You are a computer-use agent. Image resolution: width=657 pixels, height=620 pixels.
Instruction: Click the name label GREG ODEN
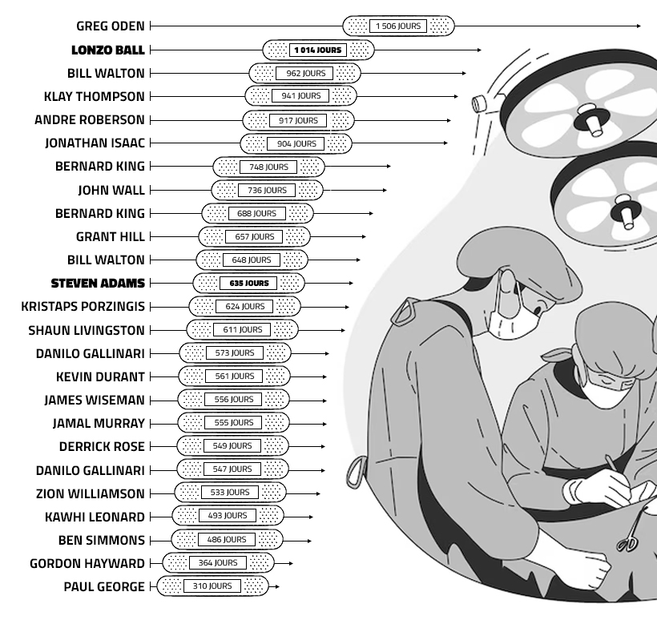coord(111,26)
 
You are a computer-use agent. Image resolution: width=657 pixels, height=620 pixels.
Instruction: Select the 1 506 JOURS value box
coord(398,26)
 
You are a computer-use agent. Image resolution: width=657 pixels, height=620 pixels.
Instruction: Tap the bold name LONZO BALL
coord(107,50)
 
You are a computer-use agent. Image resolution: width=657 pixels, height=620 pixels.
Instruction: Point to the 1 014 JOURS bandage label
coord(318,50)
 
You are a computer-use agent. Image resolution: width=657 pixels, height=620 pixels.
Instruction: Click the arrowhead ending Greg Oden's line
coord(638,26)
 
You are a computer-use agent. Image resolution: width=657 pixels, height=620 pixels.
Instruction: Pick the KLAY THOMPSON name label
coord(95,96)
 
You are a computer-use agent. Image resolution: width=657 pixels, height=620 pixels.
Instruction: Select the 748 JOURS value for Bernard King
coord(268,167)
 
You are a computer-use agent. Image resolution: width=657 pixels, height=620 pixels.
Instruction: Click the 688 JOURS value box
coord(257,213)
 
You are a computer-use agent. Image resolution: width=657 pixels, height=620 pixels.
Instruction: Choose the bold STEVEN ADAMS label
coord(98,284)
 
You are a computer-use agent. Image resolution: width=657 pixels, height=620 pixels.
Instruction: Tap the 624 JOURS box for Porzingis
coord(244,306)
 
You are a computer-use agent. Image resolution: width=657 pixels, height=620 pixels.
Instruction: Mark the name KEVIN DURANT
coord(100,376)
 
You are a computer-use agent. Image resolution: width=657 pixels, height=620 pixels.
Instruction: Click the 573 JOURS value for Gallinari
coord(235,352)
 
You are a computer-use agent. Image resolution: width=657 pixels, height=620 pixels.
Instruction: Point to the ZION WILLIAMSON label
coord(90,493)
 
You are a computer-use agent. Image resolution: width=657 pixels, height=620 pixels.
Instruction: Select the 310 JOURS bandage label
coord(212,586)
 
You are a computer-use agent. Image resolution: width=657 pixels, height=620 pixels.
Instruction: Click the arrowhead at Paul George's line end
coord(277,586)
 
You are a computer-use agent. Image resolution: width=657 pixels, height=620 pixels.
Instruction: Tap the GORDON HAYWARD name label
coord(87,563)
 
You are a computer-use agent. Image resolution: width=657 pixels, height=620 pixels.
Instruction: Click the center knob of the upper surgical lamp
coord(591,119)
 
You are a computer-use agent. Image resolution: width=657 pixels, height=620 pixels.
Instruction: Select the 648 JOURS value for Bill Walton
coord(252,260)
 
